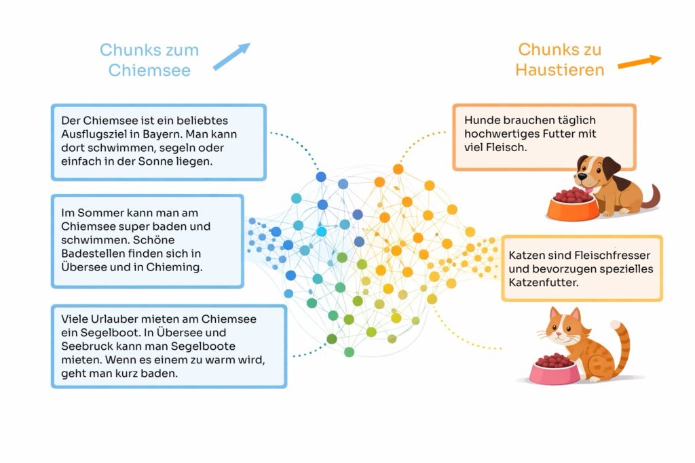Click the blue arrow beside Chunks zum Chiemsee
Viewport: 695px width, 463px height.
[x=231, y=56]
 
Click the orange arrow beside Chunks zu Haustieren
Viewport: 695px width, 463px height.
[x=639, y=61]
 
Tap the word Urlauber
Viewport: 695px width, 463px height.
[x=113, y=319]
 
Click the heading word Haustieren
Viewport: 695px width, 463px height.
[x=559, y=70]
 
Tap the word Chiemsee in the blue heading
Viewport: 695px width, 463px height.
[x=149, y=70]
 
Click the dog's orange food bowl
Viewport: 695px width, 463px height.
[x=573, y=207]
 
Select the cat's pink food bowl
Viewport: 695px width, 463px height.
[x=555, y=371]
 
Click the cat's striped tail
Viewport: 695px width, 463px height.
[x=622, y=346]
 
